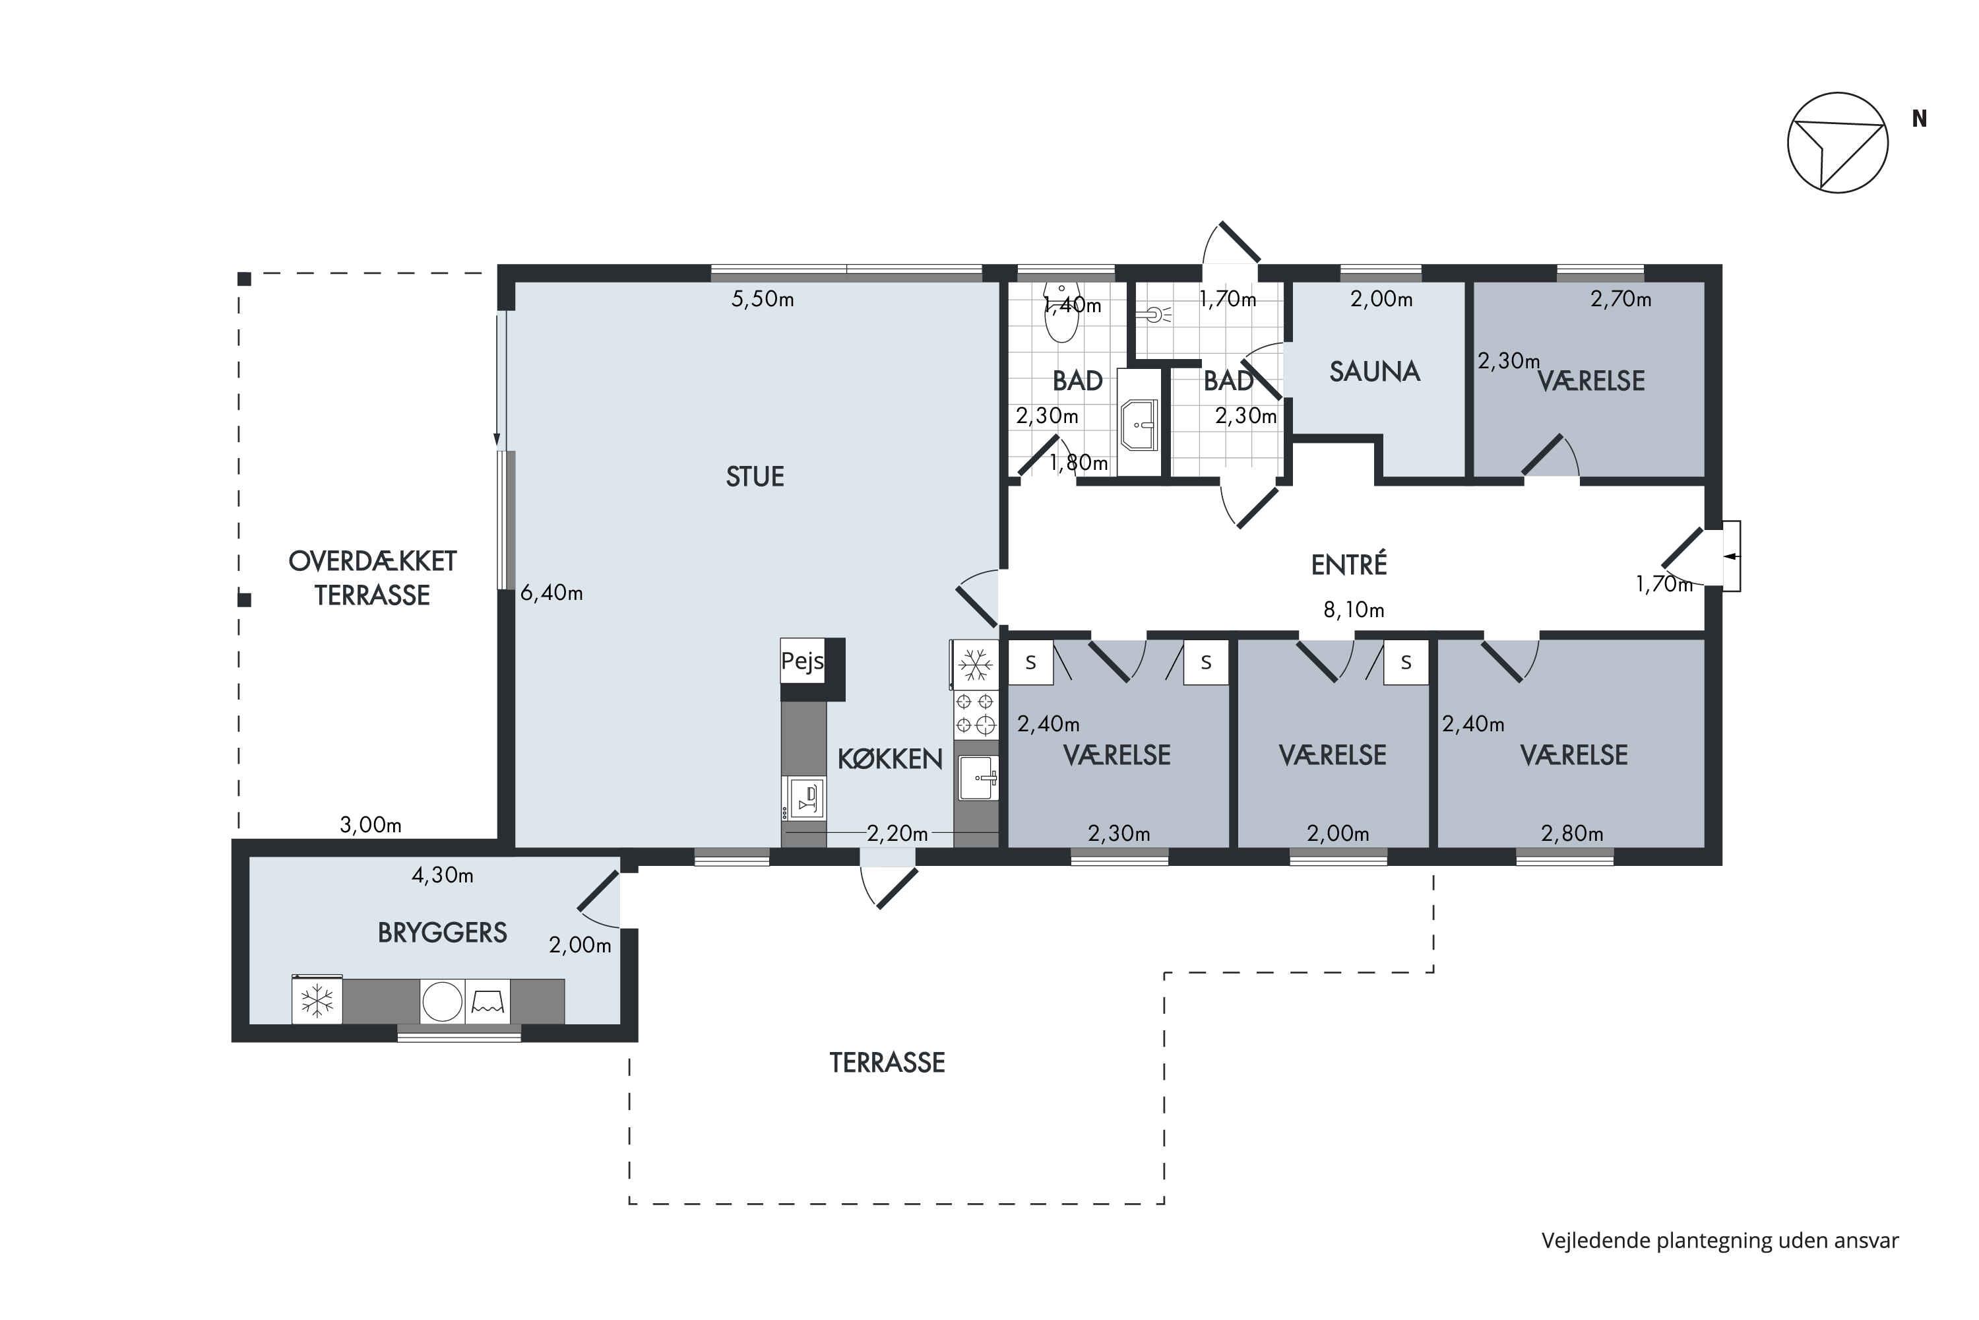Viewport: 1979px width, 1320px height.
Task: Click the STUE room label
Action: point(755,477)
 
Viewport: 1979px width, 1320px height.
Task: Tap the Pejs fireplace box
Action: point(802,661)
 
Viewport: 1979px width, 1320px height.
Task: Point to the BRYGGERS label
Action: point(442,933)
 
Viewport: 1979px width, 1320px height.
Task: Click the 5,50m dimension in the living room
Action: point(763,299)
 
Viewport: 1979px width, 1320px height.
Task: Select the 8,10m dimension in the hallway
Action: point(1353,609)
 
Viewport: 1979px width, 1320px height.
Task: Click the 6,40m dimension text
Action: point(551,593)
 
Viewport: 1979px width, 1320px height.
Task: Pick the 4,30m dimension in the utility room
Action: point(442,876)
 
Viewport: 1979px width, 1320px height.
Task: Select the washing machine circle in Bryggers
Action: point(442,1002)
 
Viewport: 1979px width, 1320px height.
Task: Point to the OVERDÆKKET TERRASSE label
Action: point(372,577)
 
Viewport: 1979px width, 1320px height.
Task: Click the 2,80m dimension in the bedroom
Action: point(1572,834)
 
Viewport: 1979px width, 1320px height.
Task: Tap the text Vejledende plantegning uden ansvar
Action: point(1720,1240)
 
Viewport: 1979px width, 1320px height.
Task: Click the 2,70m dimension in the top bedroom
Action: point(1621,299)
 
